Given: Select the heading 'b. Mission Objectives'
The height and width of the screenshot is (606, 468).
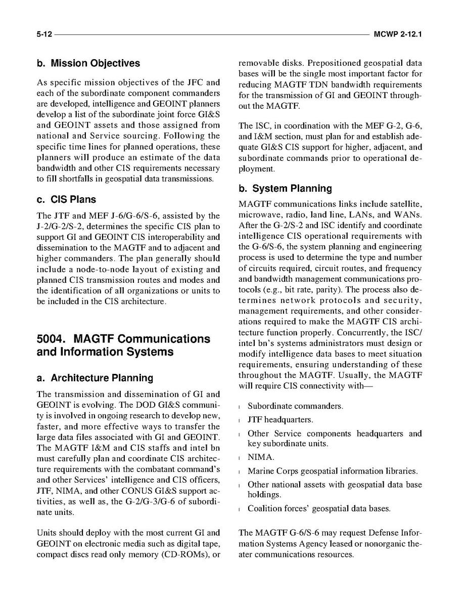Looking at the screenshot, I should [x=88, y=63].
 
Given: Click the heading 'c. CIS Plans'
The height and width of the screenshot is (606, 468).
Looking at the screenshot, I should [x=66, y=199].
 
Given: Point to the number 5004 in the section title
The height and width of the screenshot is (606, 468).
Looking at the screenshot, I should [x=52, y=338].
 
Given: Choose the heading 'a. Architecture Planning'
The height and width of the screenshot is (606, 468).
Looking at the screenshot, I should [x=95, y=378].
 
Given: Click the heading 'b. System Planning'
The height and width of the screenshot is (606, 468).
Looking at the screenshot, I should [x=285, y=189].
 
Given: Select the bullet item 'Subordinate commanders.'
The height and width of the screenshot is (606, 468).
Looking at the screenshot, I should [x=295, y=406].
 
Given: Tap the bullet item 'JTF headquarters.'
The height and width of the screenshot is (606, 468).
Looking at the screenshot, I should [x=280, y=420].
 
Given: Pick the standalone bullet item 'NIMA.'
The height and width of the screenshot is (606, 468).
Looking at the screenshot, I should [x=261, y=457].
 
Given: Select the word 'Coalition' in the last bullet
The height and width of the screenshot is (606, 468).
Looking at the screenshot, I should [x=265, y=508].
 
